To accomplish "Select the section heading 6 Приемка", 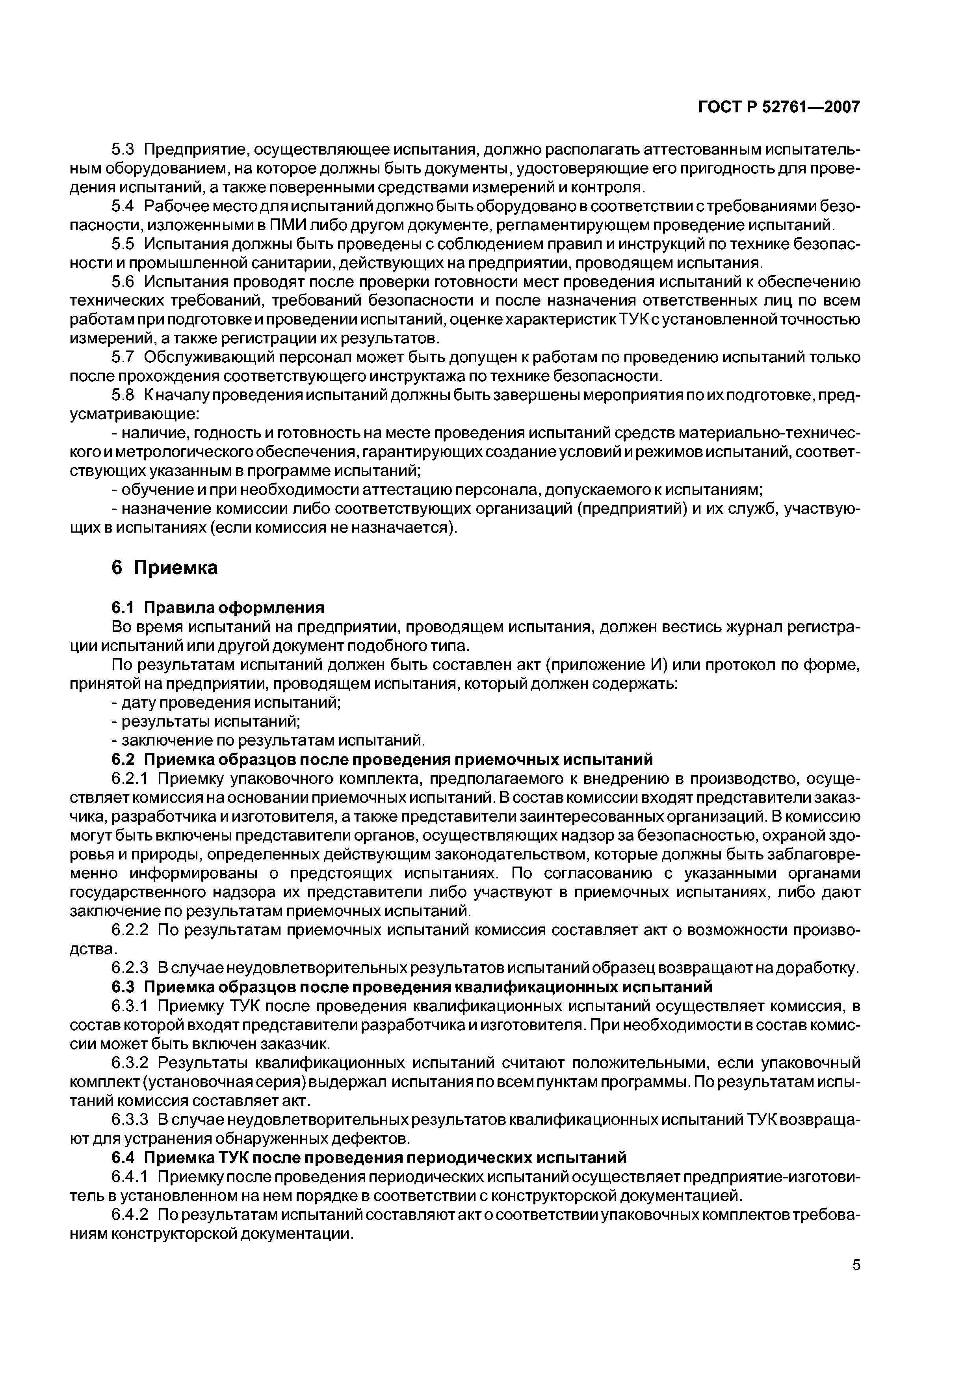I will (x=164, y=567).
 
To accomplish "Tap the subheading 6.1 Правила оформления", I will (x=218, y=607).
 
